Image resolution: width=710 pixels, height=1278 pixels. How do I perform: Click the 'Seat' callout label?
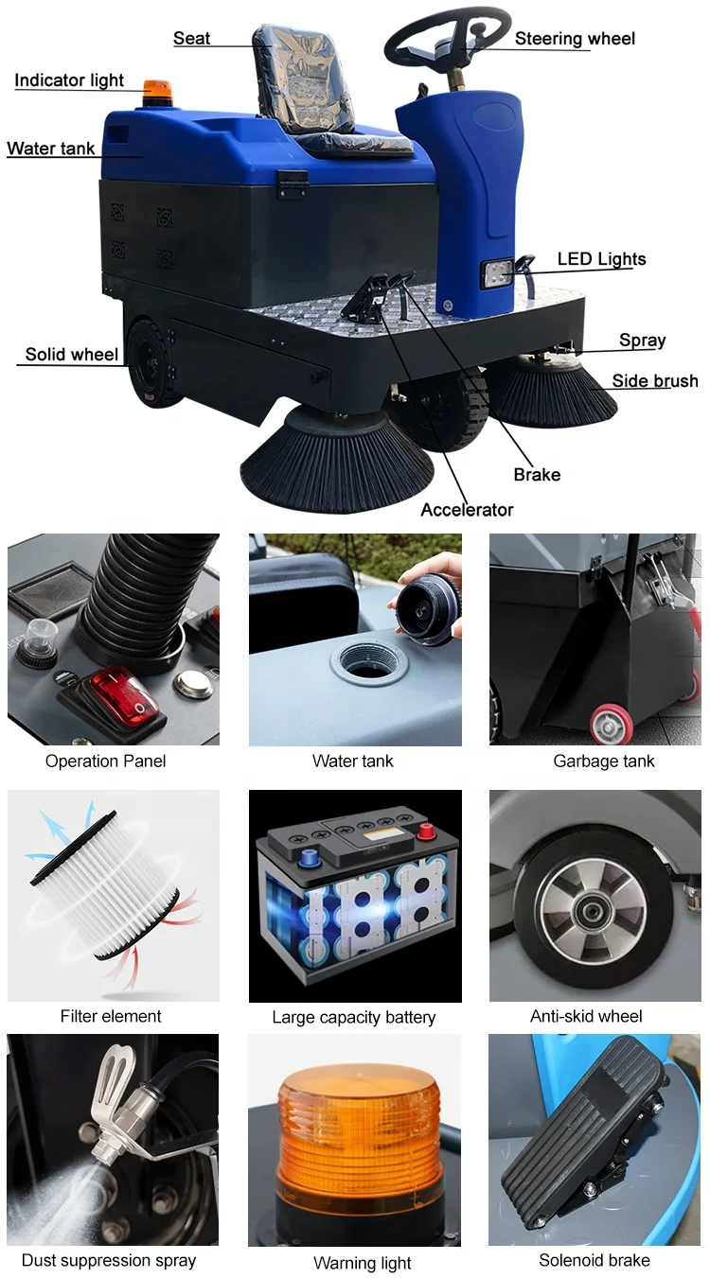pos(191,39)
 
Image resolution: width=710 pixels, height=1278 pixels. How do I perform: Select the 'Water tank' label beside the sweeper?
pos(50,149)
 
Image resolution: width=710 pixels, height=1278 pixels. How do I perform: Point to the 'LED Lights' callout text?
pos(601,259)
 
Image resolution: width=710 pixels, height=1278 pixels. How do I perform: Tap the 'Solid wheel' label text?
pos(72,355)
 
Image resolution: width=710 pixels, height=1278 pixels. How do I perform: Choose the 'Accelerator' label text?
pos(467,510)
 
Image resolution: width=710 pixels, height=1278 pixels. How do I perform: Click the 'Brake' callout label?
pos(537,474)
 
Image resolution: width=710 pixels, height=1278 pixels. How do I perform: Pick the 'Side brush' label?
pos(654,381)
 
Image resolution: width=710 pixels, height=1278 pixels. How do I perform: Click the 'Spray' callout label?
pos(642,341)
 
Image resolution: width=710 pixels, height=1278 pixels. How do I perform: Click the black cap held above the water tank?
pos(426,611)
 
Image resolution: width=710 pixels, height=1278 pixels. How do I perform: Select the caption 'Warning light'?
pos(363,1264)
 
